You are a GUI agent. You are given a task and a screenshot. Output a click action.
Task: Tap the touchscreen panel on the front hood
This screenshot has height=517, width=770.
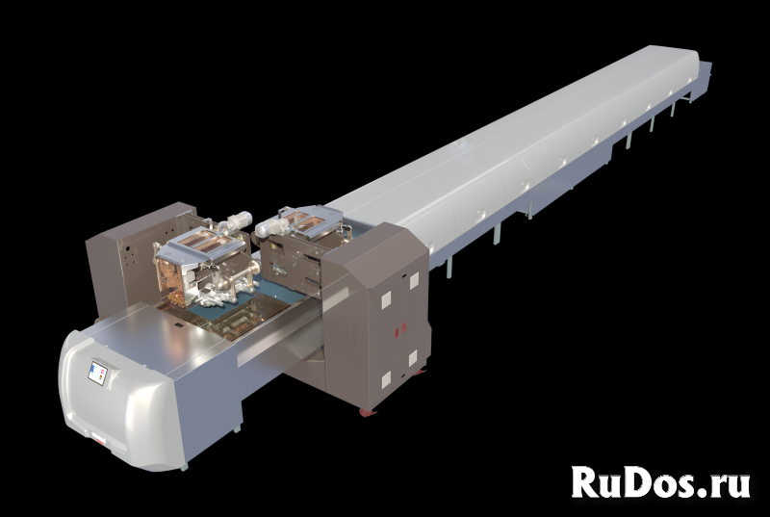tap(97, 374)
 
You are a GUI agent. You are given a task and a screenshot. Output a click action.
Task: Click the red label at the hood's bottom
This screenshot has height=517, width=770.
tap(99, 440)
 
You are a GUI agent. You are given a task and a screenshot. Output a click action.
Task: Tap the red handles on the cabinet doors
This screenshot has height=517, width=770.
tap(399, 329)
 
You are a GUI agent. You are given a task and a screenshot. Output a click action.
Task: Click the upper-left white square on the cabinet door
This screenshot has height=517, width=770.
tap(386, 298)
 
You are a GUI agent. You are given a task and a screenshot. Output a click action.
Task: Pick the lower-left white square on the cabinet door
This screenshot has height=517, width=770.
tap(387, 379)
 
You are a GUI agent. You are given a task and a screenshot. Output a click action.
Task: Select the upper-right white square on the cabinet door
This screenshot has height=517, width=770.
tap(414, 280)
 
